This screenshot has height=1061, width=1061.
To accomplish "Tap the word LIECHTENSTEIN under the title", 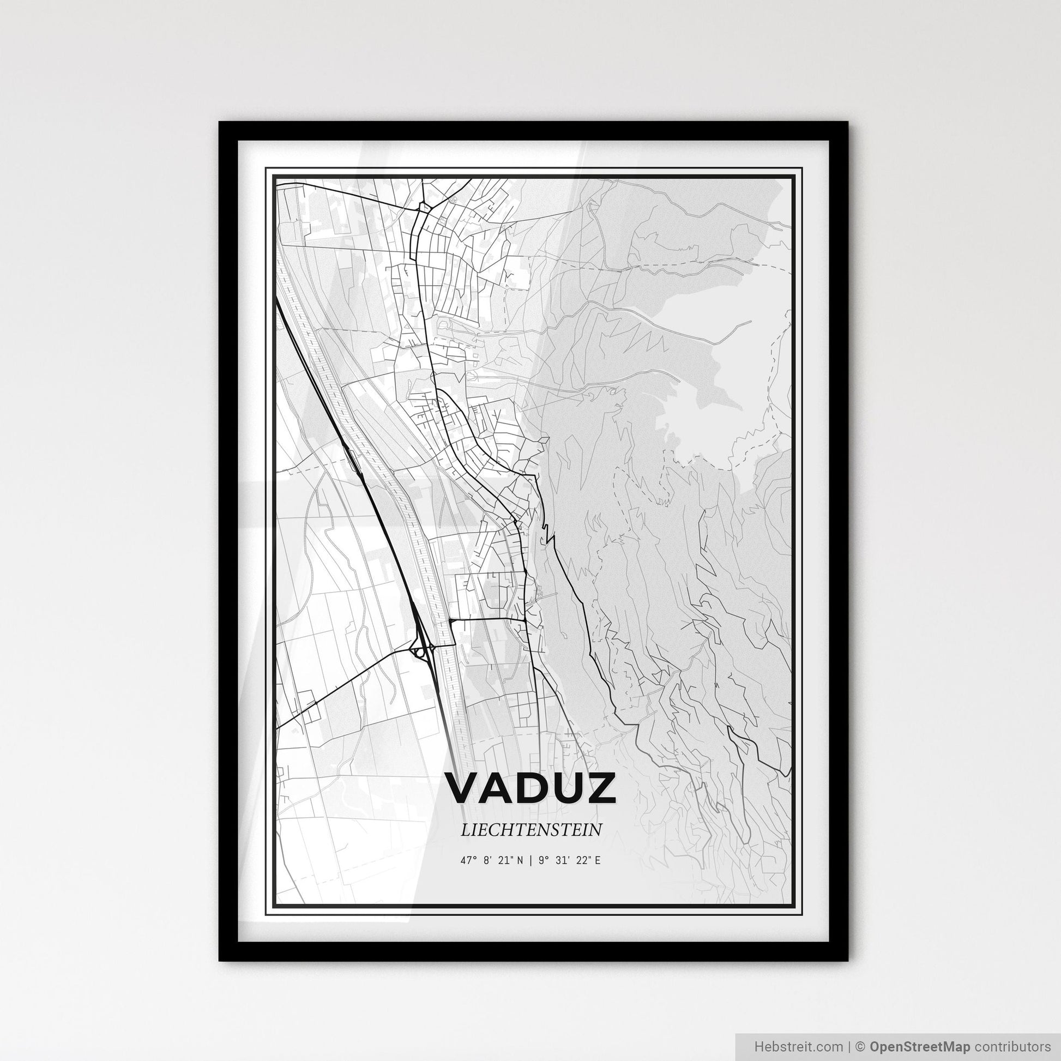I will point(531,830).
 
